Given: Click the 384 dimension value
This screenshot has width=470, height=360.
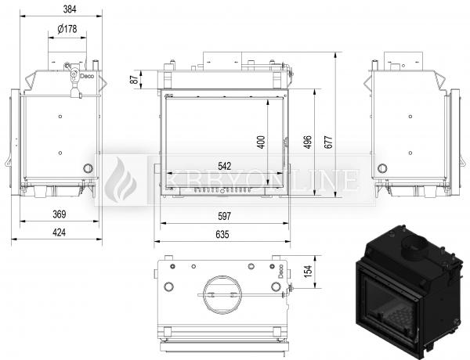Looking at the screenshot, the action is [70, 9].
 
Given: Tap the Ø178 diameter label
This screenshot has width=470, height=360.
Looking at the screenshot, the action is [67, 29].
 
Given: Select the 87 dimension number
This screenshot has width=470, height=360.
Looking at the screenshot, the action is [135, 79].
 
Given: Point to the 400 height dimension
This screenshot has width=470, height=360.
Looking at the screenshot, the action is [261, 142].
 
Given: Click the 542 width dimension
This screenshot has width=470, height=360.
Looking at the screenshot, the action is [225, 166].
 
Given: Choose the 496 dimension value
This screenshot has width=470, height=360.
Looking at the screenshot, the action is [308, 142].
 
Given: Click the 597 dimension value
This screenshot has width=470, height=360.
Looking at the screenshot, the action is [224, 216].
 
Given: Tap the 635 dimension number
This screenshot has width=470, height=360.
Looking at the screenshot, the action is [222, 234].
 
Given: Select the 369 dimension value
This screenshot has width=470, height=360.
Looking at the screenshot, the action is [60, 214].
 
